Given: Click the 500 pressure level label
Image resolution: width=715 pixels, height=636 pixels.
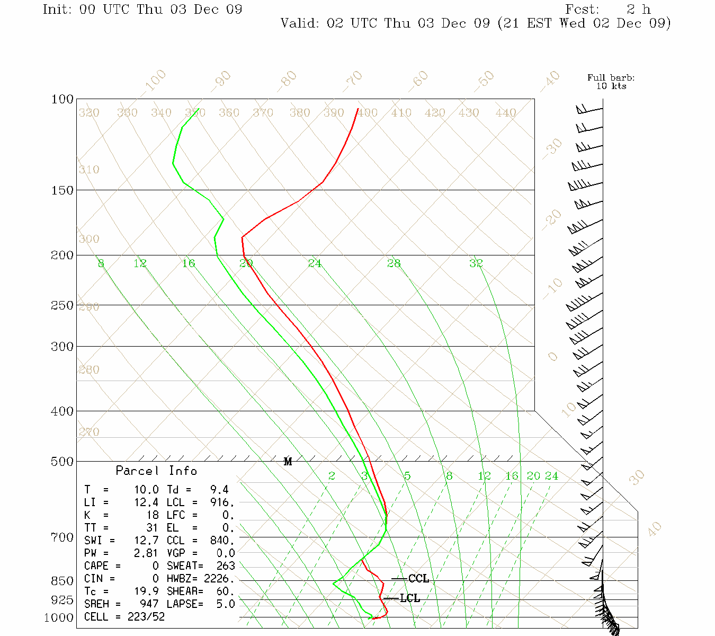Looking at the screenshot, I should coord(62,462).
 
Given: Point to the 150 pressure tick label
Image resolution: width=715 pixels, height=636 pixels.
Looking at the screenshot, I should coord(62,190).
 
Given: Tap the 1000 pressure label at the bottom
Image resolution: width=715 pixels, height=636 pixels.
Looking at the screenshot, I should coord(59,618).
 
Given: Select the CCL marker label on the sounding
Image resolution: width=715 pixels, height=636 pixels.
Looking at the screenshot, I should coord(418,579).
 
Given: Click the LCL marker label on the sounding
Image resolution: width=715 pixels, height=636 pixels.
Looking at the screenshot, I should coord(410,598).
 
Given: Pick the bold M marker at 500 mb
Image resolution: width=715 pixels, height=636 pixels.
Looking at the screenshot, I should coord(288,462).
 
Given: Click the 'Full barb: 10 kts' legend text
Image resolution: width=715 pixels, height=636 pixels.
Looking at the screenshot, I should coord(611,82).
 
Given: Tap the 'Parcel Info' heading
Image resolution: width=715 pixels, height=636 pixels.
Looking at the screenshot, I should coord(156,471).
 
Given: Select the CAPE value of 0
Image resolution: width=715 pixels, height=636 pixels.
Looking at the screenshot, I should coord(155,566).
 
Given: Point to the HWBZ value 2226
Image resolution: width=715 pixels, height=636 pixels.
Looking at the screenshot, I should coord(219,579).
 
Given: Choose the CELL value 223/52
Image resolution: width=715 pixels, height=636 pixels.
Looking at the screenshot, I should coord(146,617).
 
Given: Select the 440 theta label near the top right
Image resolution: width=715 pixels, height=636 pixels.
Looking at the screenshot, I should coord(506,113).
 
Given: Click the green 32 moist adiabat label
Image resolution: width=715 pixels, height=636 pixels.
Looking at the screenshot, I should coord(476,263).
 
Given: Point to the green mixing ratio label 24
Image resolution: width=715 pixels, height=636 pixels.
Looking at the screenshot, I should coord(552,476).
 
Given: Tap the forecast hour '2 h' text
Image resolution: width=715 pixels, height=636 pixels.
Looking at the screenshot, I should coord(638,10).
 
